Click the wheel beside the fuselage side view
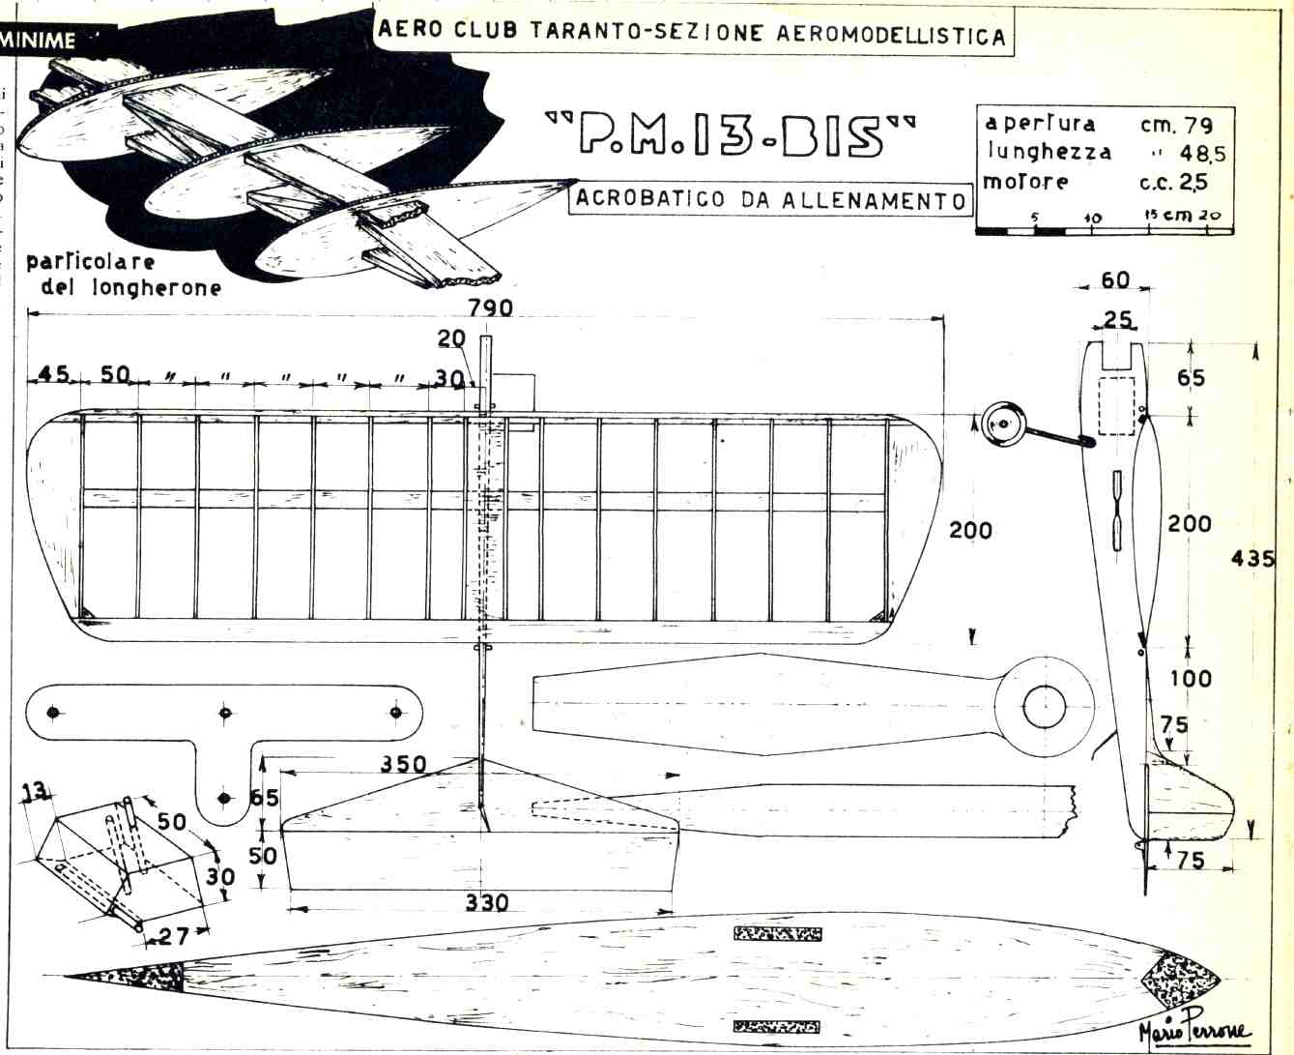1003,424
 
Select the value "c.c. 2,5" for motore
1173,182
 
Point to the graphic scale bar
1105,230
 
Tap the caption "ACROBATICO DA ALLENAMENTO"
769,199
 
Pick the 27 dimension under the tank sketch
175,935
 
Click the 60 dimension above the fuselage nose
1115,280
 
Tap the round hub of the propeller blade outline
1044,707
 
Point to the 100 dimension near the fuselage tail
1191,678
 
